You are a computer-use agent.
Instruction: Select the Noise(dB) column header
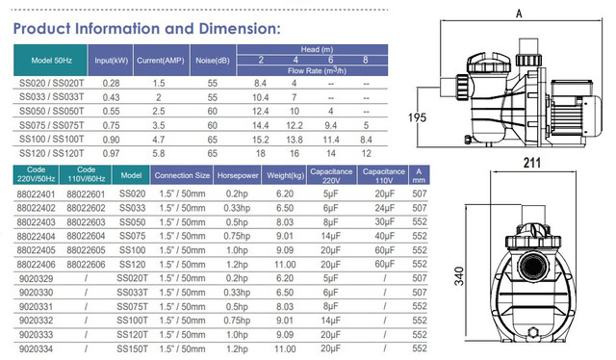tap(213, 61)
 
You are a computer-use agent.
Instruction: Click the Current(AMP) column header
tap(161, 61)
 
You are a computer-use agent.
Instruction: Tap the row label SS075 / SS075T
tap(51, 125)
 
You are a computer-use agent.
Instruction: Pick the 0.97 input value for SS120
tap(112, 154)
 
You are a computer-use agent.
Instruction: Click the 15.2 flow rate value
tap(261, 140)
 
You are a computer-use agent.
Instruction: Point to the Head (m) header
tap(317, 49)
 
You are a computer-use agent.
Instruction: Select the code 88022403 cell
tap(37, 222)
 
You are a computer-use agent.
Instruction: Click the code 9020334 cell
tap(37, 349)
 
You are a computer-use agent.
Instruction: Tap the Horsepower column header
tap(238, 175)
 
